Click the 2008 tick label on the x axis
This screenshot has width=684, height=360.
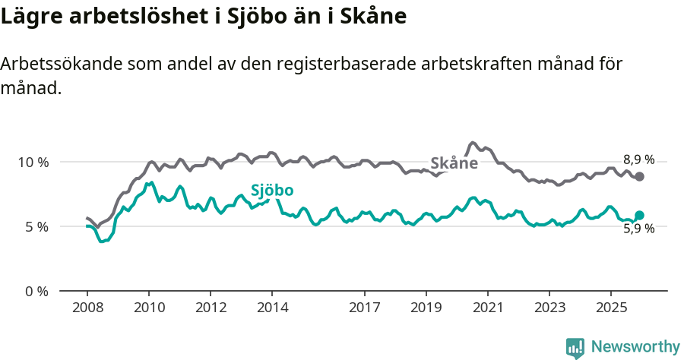[87, 308]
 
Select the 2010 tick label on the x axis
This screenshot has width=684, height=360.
[149, 308]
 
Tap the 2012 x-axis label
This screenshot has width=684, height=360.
[211, 308]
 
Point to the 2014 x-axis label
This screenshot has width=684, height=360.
[272, 308]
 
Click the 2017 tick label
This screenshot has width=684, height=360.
[365, 308]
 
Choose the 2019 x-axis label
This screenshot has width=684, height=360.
[426, 308]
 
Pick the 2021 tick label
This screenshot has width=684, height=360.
[488, 308]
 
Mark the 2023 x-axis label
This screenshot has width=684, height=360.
[549, 308]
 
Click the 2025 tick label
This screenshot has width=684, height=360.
[611, 308]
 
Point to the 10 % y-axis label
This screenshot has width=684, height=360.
[33, 162]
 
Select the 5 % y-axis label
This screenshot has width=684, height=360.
[36, 226]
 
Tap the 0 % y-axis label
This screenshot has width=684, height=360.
[36, 291]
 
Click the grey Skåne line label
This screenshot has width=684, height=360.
[454, 163]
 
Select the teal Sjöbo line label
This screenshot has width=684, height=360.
[272, 191]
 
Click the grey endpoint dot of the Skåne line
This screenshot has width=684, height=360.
[639, 176]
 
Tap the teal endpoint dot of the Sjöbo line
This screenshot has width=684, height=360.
[639, 215]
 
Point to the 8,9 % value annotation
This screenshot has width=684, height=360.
[638, 159]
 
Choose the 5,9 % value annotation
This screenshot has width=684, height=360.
[638, 229]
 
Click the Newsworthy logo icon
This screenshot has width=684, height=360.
[575, 347]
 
